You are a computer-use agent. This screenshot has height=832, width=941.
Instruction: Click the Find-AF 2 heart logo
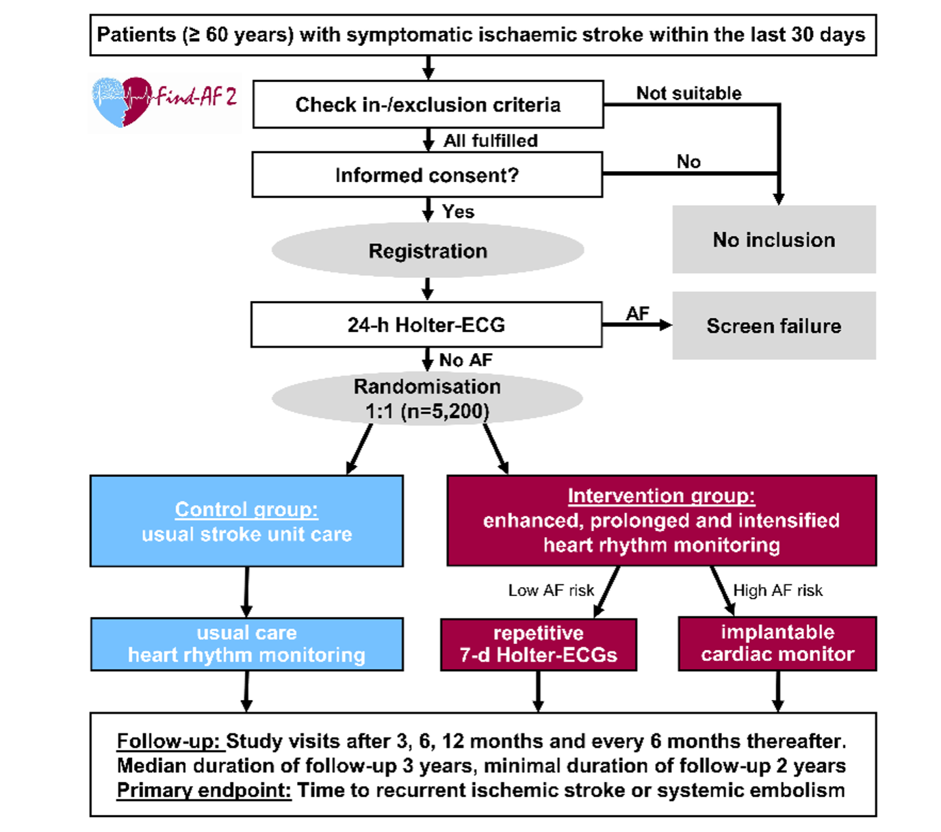click(x=165, y=103)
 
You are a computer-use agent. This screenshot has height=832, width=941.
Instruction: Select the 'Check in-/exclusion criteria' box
click(x=428, y=105)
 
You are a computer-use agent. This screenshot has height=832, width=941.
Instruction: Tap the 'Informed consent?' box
click(x=427, y=174)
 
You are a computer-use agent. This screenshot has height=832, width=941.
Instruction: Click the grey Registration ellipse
click(x=428, y=250)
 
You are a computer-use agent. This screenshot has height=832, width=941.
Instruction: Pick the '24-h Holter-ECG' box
click(x=426, y=324)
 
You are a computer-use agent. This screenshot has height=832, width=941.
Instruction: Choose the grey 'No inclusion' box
click(x=774, y=239)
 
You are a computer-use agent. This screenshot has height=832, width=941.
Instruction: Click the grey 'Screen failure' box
click(x=774, y=326)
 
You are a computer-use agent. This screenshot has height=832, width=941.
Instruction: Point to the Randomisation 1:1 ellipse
click(x=427, y=399)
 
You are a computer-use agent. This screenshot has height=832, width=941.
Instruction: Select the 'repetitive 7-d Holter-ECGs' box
click(x=539, y=645)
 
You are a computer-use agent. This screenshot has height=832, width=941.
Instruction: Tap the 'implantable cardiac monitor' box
click(x=777, y=643)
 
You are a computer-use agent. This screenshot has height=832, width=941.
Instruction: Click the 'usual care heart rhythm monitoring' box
click(x=246, y=644)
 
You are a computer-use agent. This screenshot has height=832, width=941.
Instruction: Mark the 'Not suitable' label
click(x=688, y=93)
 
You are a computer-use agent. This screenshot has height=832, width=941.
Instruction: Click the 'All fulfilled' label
click(x=491, y=141)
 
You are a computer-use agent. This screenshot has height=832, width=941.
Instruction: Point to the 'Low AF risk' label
click(x=552, y=590)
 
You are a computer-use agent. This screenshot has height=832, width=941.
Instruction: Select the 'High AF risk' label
click(x=778, y=590)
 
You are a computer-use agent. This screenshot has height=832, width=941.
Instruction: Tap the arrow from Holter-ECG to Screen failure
click(x=637, y=325)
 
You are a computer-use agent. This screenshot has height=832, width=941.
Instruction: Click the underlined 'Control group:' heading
click(x=246, y=509)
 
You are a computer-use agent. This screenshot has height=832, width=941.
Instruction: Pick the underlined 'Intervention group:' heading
click(x=661, y=496)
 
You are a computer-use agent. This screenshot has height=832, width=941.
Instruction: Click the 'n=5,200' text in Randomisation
click(x=446, y=411)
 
